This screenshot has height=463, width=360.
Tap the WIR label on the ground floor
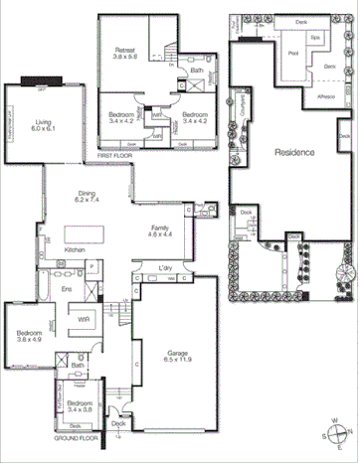tap(85, 320)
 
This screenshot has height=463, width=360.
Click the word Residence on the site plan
tap(294, 153)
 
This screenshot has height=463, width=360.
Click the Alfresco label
tap(324, 98)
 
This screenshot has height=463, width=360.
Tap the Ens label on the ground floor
tap(40, 289)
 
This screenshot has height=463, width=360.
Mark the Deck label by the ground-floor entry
tap(118, 424)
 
